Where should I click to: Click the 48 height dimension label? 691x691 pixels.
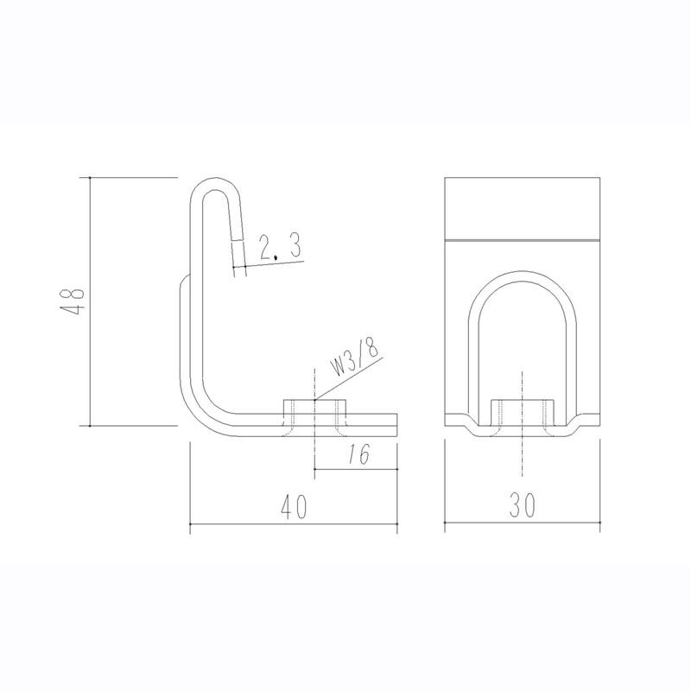point(73,301)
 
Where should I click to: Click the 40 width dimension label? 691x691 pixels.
point(294,507)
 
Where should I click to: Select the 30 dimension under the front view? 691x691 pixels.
point(523,505)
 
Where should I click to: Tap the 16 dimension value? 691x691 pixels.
point(359,454)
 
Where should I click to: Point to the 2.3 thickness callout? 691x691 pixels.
point(279,247)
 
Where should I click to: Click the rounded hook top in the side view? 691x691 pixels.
point(215,184)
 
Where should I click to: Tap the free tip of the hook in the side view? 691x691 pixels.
point(239,276)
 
